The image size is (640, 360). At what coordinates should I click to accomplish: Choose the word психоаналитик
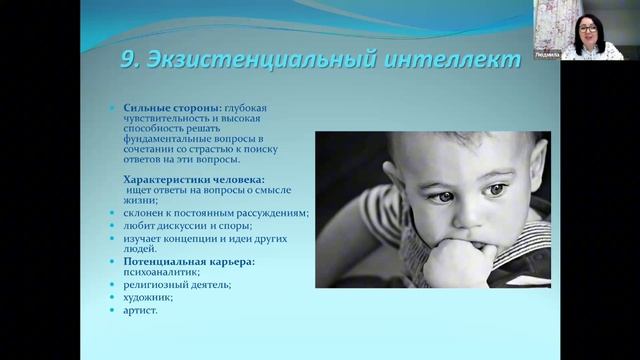tap(157, 272)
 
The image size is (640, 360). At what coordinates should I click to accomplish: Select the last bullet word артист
tap(140, 310)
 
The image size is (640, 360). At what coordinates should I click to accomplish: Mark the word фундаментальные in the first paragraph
tap(165, 142)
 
